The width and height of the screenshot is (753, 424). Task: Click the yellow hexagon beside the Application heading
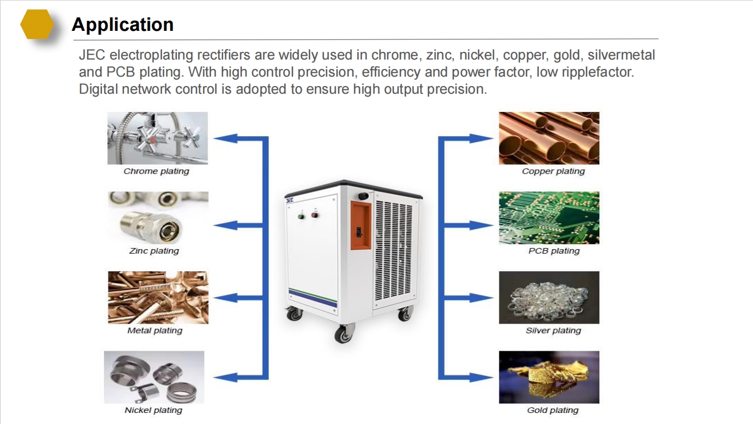coord(37,24)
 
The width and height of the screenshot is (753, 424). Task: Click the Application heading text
coord(123,25)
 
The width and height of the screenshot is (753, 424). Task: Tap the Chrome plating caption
coord(156,171)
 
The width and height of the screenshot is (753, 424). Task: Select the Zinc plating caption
coord(154,251)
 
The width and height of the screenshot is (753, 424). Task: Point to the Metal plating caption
coord(155,331)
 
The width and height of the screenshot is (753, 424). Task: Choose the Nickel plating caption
coord(154,410)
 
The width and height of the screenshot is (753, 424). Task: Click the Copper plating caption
coord(554,171)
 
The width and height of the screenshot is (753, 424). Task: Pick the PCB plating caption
coord(554,251)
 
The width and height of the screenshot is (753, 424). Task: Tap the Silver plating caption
coord(554,331)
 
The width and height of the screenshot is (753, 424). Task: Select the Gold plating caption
coord(553,410)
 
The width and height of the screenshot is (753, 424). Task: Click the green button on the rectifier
coord(301,216)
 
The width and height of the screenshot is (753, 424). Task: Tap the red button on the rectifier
coord(315,214)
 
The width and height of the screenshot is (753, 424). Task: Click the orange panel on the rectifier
coord(361,226)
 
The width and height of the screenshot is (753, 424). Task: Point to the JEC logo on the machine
coord(290,201)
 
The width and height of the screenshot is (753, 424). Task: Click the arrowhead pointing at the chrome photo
coord(226,138)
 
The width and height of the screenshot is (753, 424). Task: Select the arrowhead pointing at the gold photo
coord(481,378)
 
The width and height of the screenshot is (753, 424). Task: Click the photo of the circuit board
coord(549,218)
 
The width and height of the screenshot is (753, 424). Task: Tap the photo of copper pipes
coord(549,138)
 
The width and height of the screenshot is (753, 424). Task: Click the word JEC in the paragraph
coord(92,55)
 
